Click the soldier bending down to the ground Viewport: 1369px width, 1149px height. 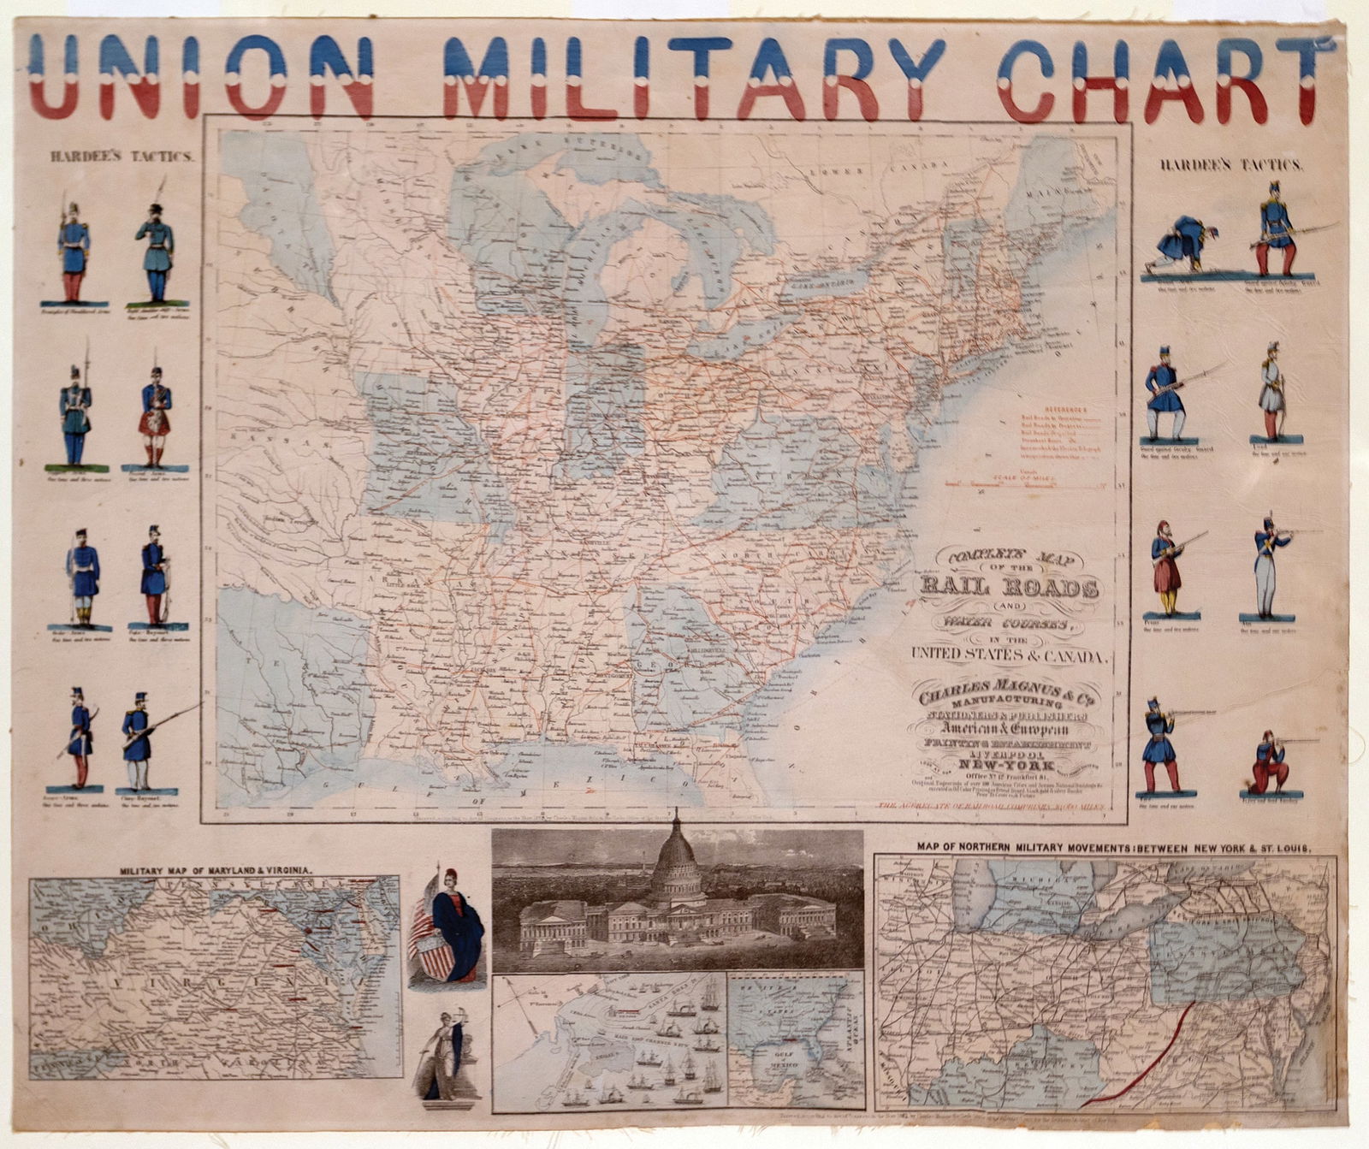click(x=1179, y=246)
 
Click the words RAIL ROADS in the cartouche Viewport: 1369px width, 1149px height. click(x=1010, y=588)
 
